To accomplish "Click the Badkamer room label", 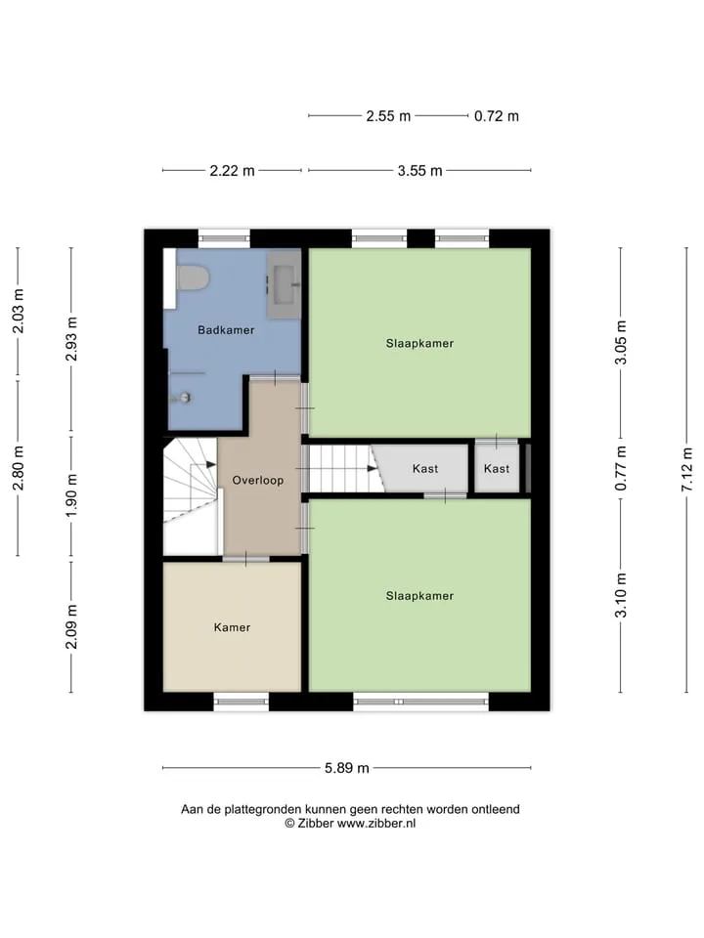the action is click(226, 329).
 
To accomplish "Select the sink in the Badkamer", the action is click(284, 284).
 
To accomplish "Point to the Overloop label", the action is click(257, 480).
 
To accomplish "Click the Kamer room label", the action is click(232, 627).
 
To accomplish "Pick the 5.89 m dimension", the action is click(346, 768).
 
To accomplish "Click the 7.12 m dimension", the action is click(686, 470).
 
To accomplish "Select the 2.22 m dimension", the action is click(232, 170).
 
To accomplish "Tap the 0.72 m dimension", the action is click(497, 116).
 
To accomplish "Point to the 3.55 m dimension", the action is click(419, 170).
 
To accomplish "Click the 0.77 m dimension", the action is click(621, 468).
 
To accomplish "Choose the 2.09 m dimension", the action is click(71, 626).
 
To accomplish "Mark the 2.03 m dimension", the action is click(18, 311).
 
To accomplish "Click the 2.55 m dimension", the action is click(388, 116).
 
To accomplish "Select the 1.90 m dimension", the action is click(71, 495).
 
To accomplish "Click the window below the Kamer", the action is click(241, 702).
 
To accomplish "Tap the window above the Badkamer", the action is click(224, 238).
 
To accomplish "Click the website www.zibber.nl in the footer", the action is click(375, 823).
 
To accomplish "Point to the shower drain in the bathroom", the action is click(185, 397).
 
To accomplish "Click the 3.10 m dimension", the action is click(621, 595).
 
